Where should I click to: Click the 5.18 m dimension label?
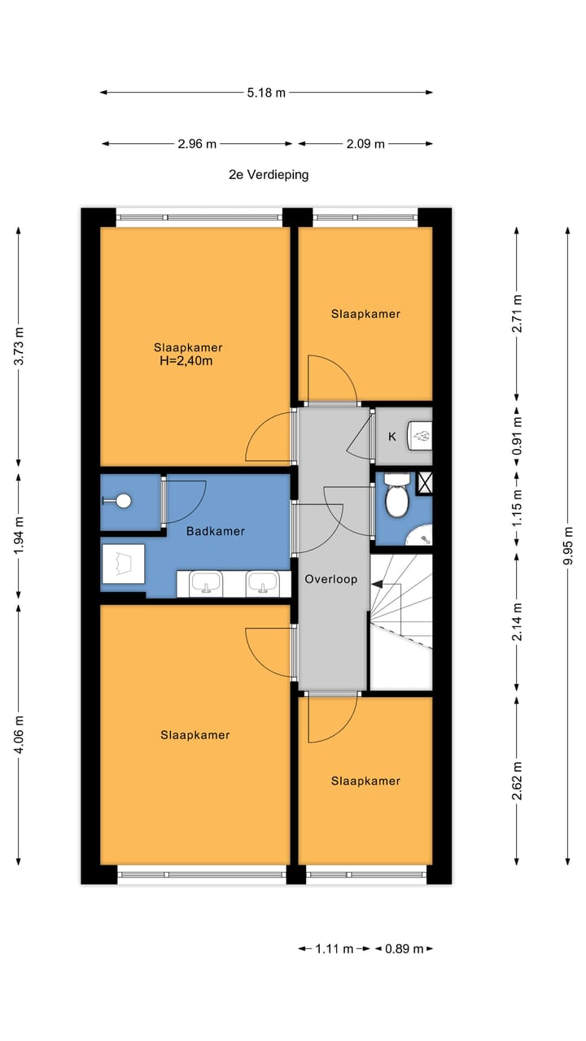pyautogui.click(x=266, y=93)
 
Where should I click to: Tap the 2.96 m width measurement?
pyautogui.click(x=197, y=144)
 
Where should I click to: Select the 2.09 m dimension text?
pyautogui.click(x=365, y=144)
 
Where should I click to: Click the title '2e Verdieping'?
pyautogui.click(x=269, y=175)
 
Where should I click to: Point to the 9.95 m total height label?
pyautogui.click(x=568, y=546)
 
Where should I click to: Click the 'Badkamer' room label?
pyautogui.click(x=216, y=531)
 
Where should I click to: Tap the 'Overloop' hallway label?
pyautogui.click(x=331, y=579)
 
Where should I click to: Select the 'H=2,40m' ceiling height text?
pyautogui.click(x=186, y=360)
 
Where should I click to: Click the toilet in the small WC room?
pyautogui.click(x=396, y=495)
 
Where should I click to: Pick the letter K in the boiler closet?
pyautogui.click(x=392, y=437)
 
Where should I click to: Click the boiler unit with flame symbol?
pyautogui.click(x=420, y=436)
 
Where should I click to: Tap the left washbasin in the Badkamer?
pyautogui.click(x=206, y=583)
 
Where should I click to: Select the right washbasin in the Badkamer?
pyautogui.click(x=263, y=583)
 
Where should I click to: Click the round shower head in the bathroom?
pyautogui.click(x=124, y=501)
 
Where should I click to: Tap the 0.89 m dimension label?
pyautogui.click(x=405, y=948)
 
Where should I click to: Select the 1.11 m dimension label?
pyautogui.click(x=334, y=948)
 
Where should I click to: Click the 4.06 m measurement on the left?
pyautogui.click(x=19, y=735)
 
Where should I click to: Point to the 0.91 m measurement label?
pyautogui.click(x=517, y=437)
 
